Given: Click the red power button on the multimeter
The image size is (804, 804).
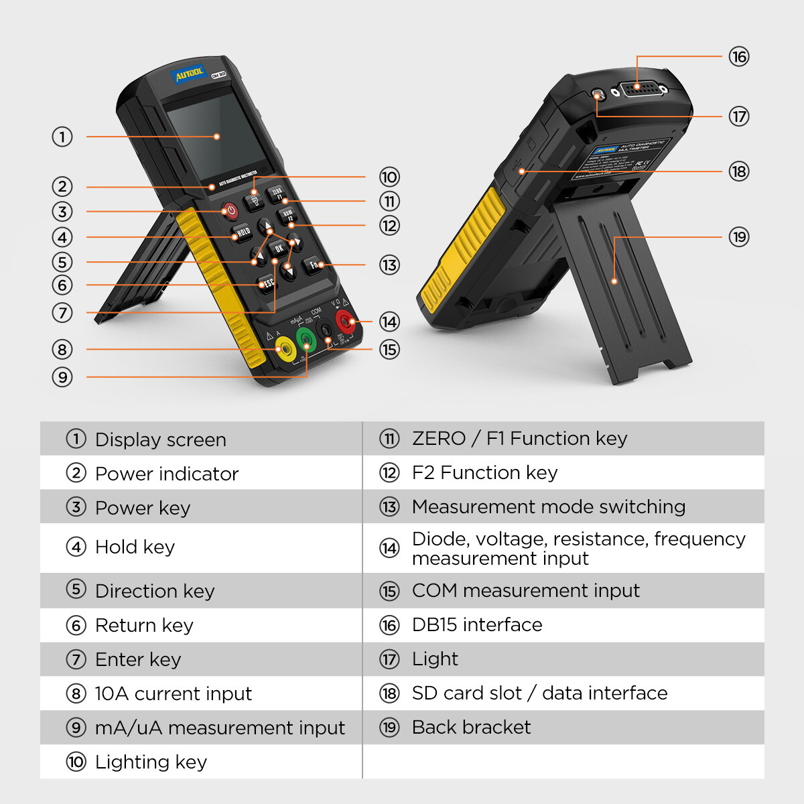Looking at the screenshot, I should pos(230,211).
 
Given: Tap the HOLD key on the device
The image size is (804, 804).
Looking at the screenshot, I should pos(243,232).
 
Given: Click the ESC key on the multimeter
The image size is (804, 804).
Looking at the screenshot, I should pos(267,284).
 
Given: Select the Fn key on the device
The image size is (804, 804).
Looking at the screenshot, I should pos(314,265).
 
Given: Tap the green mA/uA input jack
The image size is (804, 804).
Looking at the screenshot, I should pos(306,340).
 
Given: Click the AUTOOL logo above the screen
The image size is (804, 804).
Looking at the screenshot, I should pos(189,74).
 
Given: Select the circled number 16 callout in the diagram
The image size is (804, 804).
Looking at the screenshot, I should pos(738,57).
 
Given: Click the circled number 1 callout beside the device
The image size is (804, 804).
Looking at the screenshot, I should pos(62,137).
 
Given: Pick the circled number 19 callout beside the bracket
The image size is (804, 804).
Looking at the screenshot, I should pos(738,237).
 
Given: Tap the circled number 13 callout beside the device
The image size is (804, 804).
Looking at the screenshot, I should pos(389,265).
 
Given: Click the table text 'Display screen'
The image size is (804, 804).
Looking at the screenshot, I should pos(161,440).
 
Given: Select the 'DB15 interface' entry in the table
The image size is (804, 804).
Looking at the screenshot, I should pos(477,624).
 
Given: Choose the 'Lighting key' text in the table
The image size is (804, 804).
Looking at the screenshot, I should pos(151,762).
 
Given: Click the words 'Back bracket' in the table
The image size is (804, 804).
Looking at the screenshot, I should pos(471,727).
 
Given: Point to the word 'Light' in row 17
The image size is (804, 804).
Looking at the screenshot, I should pos(435,659).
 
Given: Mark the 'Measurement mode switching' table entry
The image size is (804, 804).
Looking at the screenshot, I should pos(548,507).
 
